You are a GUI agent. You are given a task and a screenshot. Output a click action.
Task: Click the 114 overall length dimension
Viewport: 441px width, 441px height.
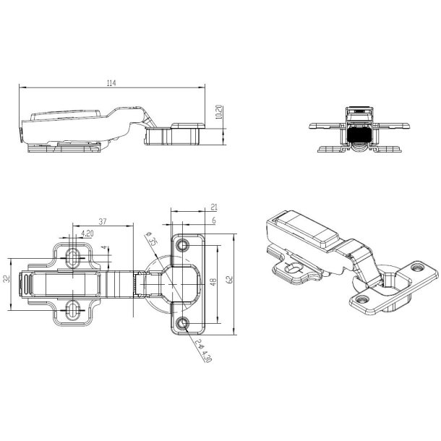coord(111,84)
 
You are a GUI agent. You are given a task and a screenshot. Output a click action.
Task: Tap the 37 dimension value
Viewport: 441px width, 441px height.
coord(103,222)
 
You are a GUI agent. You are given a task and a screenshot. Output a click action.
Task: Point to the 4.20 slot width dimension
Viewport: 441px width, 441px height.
coord(87,234)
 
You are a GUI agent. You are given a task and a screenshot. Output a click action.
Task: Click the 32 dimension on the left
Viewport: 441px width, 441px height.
coord(7,278)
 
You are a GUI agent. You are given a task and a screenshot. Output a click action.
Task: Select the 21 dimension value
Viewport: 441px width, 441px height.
coord(214,207)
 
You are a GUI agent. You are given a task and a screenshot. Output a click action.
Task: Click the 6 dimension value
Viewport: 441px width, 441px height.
coord(214,221)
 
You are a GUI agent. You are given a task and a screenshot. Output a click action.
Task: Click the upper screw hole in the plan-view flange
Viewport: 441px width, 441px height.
coord(183,242)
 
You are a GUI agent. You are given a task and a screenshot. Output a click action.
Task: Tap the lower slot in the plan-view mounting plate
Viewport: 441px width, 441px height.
coord(74,312)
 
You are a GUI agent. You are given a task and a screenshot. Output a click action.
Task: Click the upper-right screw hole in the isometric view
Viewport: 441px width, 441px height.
coord(419,267)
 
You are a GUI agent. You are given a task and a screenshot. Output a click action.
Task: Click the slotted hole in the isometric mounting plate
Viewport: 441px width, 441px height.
coord(292,268)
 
